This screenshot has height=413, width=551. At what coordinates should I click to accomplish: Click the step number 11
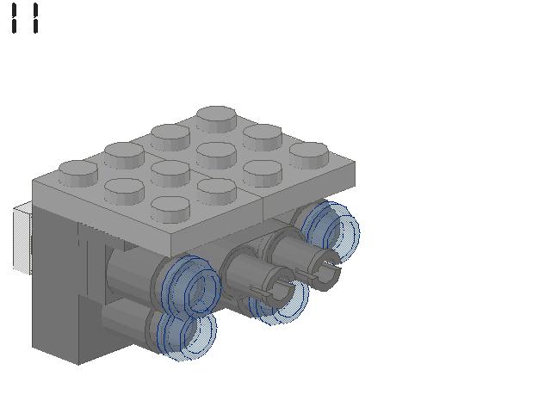tap(25, 18)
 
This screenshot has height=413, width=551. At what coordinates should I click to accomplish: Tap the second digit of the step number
tap(35, 18)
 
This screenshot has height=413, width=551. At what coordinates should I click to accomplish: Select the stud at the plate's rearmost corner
tap(216, 119)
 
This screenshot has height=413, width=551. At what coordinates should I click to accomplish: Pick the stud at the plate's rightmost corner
tap(309, 155)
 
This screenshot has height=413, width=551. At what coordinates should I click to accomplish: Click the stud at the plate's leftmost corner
tap(78, 173)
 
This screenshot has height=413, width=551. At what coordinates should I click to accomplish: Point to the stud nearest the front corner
tap(170, 209)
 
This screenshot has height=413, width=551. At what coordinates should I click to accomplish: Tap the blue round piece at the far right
tap(331, 230)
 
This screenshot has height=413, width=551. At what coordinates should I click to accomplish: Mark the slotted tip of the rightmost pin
tap(325, 269)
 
